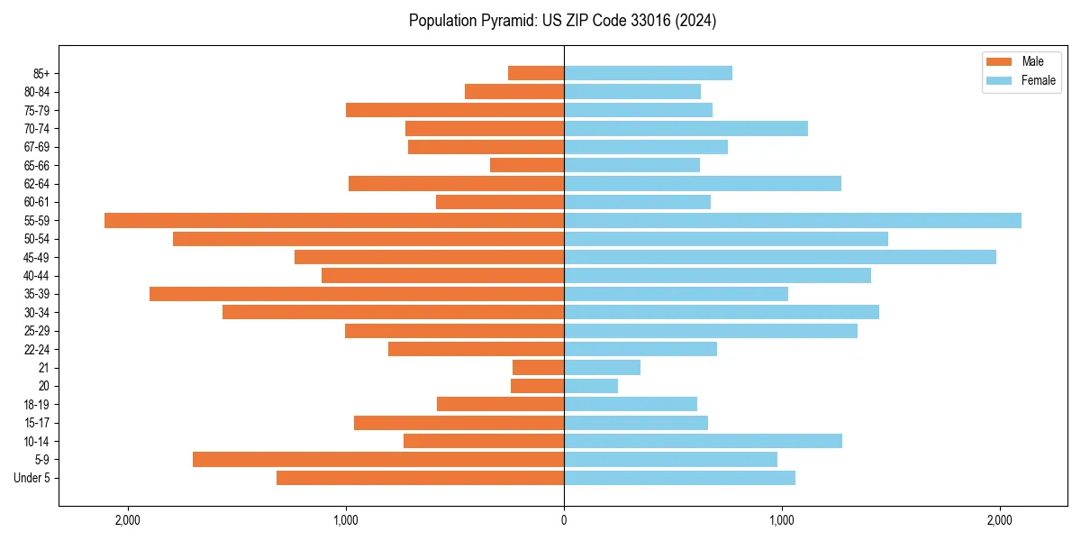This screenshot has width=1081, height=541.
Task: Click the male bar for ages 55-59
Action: [x=334, y=220]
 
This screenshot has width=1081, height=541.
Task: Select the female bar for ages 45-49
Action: [x=780, y=257]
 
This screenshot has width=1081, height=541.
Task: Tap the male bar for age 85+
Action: [x=536, y=73]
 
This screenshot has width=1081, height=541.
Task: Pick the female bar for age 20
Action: [x=591, y=386]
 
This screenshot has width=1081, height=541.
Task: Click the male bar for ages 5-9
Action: [x=378, y=459]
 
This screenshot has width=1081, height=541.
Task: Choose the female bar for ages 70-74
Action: [x=686, y=128]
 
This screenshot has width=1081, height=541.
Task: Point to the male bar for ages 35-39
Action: [x=357, y=294]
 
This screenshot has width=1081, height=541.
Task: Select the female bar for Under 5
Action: [x=679, y=478]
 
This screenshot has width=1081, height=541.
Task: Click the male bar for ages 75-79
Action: [x=455, y=110]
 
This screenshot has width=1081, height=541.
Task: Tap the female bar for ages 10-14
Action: [x=703, y=441]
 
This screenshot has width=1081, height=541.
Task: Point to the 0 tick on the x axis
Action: [x=564, y=519]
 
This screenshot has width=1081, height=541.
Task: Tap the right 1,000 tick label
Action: [x=782, y=519]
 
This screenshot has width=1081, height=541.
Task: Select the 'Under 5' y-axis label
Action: [x=32, y=478]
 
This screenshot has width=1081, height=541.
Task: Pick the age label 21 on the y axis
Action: [x=43, y=368]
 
